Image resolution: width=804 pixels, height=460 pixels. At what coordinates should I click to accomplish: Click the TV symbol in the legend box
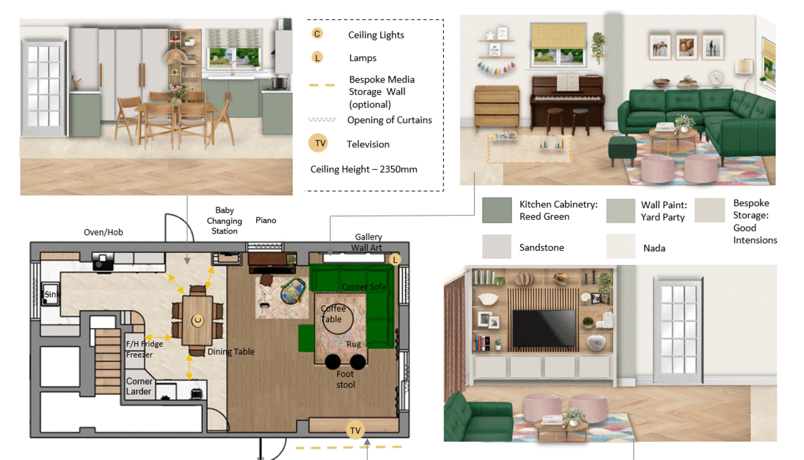pyautogui.click(x=318, y=143)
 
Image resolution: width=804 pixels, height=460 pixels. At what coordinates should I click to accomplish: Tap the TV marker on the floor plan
pyautogui.click(x=355, y=430)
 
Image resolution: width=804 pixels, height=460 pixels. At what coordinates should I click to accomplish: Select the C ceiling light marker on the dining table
pyautogui.click(x=197, y=320)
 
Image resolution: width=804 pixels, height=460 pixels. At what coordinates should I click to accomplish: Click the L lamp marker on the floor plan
pyautogui.click(x=395, y=259)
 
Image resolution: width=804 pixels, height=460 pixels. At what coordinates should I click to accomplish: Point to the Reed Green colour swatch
pyautogui.click(x=497, y=210)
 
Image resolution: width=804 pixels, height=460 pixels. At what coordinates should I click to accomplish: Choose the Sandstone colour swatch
pyautogui.click(x=497, y=247)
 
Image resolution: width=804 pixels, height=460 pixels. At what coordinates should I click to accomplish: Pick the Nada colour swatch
pyautogui.click(x=621, y=247)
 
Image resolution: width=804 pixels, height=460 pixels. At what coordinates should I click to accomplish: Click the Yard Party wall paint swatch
pyautogui.click(x=621, y=211)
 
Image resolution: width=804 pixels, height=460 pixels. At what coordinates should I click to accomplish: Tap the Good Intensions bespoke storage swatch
pyautogui.click(x=709, y=210)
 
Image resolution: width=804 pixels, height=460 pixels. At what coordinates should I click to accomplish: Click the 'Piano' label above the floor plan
pyautogui.click(x=266, y=221)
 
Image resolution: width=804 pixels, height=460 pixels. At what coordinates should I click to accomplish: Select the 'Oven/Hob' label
pyautogui.click(x=103, y=233)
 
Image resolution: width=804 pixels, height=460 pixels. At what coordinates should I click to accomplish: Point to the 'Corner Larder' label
pyautogui.click(x=140, y=387)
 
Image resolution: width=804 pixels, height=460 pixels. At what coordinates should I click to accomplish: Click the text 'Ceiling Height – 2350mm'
pyautogui.click(x=364, y=169)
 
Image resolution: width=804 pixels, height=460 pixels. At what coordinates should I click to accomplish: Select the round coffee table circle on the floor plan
pyautogui.click(x=337, y=319)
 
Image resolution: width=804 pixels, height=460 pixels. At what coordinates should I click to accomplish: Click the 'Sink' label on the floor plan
pyautogui.click(x=51, y=295)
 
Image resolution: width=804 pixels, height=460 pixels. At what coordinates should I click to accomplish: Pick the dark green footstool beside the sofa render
pyautogui.click(x=623, y=149)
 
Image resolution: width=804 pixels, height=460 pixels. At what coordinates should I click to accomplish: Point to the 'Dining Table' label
pyautogui.click(x=231, y=351)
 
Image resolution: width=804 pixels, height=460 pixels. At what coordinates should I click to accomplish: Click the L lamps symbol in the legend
pyautogui.click(x=317, y=57)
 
